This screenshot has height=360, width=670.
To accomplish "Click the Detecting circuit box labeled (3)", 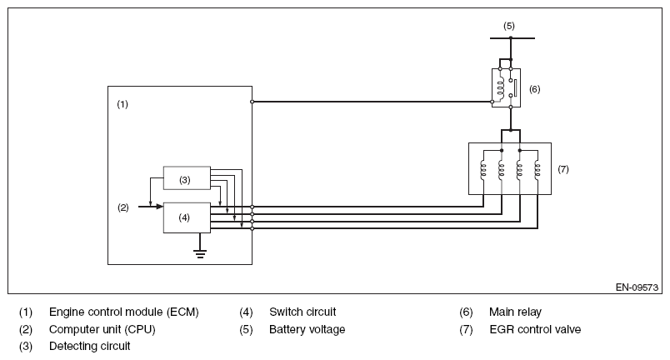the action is [x=187, y=177].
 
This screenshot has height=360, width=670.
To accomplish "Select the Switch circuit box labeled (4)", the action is [x=187, y=217].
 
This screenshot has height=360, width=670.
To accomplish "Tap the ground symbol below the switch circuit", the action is [x=200, y=253].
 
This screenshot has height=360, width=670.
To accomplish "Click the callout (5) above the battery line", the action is [x=509, y=26].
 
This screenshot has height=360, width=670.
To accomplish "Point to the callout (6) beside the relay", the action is [x=534, y=89].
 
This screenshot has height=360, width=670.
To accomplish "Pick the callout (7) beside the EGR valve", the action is [x=563, y=169].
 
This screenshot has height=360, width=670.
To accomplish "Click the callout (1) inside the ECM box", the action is [x=122, y=104].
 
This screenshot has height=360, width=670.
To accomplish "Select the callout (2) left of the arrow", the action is [x=123, y=207].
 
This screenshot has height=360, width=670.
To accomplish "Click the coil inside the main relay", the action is [x=500, y=87].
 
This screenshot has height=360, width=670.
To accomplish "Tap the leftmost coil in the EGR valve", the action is [x=483, y=169].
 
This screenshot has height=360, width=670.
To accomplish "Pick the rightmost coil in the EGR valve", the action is [x=537, y=169].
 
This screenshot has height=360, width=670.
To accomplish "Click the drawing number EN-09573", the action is [x=637, y=287].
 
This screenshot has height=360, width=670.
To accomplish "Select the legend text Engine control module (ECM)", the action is [x=124, y=312].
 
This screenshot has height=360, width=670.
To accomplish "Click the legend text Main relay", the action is [x=515, y=312].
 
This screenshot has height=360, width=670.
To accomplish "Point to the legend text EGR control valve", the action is [x=535, y=330].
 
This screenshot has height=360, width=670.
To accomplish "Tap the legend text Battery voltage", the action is [x=307, y=330].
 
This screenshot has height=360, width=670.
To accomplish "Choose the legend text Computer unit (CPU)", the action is [x=102, y=330].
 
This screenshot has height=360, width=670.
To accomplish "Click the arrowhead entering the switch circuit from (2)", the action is [x=160, y=207].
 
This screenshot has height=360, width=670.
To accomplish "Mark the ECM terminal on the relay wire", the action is [x=252, y=102].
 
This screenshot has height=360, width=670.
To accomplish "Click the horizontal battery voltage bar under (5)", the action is [x=512, y=38].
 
